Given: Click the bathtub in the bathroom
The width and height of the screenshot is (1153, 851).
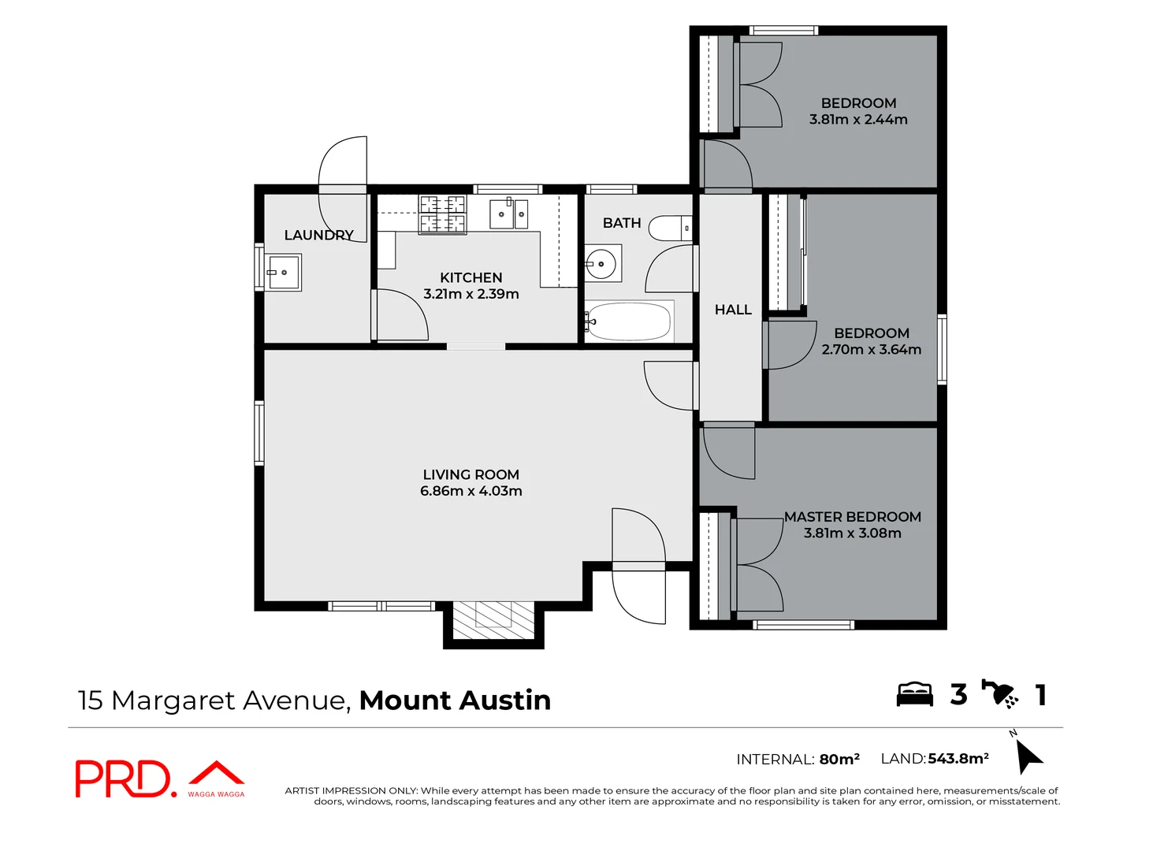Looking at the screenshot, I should pos(629,321).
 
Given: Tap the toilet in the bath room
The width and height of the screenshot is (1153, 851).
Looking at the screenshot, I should pos(669,229).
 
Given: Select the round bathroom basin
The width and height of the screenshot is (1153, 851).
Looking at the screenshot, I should pos(602,263).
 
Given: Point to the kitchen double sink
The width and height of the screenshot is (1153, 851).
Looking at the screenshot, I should pos(509,214).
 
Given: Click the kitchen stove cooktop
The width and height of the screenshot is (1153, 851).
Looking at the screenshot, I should pos(442,214).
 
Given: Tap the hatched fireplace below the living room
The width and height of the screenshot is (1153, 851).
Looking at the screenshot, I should pos(493,620).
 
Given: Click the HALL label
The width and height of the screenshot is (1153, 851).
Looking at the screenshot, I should pos(733,310).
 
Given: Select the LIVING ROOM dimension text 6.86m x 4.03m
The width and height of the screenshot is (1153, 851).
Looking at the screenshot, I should pos(470,491).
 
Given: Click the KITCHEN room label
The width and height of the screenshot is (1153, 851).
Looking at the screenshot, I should pos(470,277).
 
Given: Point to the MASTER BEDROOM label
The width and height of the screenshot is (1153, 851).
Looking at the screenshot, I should pos(852,517).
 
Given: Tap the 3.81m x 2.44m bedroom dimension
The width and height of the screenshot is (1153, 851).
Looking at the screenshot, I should pos(858,120).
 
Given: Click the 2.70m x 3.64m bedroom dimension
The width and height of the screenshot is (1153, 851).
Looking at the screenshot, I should pos(871,350).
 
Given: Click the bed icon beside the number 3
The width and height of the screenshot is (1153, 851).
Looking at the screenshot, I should pos(914,694).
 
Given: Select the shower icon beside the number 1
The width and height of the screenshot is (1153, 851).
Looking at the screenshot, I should pos(1000,693).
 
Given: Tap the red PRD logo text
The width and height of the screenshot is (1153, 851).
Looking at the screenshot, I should pos(122,779).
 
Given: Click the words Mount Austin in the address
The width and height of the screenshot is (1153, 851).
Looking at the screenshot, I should pos(455,700).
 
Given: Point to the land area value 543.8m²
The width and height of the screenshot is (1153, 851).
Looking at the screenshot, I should pos(958,759).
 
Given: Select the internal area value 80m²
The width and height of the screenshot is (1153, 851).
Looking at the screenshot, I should pos(839,760).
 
